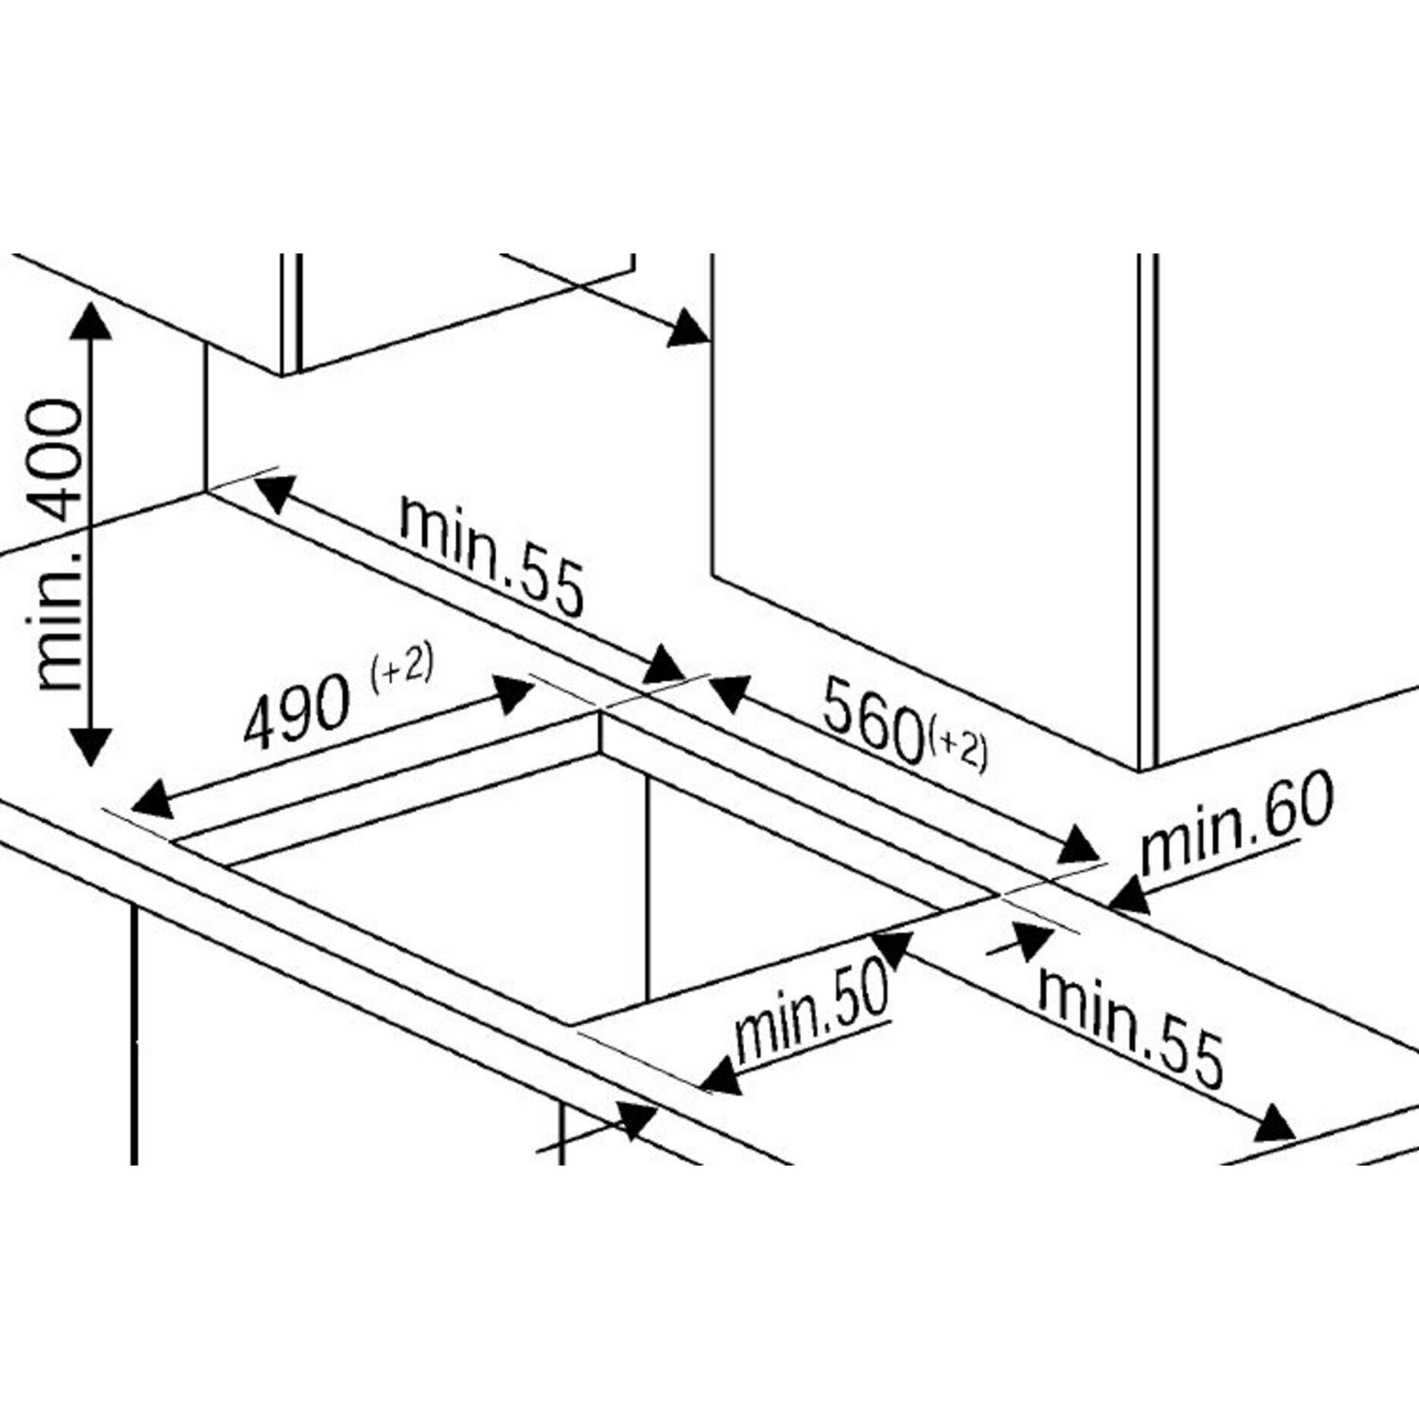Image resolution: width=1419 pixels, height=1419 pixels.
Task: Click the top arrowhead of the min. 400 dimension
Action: point(90,321)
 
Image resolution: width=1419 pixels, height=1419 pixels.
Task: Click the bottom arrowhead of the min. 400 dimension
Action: point(90,746)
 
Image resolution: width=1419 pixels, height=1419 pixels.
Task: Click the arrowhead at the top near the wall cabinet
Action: point(688,328)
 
